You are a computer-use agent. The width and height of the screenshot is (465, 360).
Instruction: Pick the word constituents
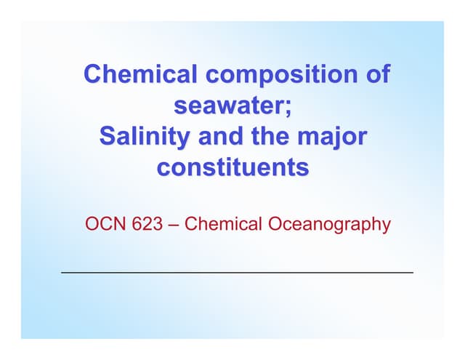pyautogui.click(x=232, y=168)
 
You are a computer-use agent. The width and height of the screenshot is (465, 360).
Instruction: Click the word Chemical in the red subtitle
pyautogui.click(x=221, y=223)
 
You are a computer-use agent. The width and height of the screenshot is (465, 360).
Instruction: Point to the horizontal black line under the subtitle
pyautogui.click(x=237, y=272)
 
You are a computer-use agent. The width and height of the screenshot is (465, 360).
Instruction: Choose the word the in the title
pyautogui.click(x=275, y=137)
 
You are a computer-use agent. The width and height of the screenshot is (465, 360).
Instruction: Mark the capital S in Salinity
pyautogui.click(x=105, y=137)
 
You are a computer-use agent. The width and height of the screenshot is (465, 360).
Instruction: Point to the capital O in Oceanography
pyautogui.click(x=275, y=223)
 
